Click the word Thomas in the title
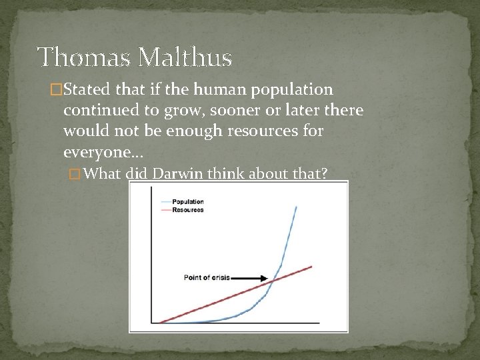[78, 58]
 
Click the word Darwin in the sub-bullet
[179, 175]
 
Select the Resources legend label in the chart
[187, 210]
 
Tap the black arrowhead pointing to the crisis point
[264, 278]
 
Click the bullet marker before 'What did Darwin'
[75, 175]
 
